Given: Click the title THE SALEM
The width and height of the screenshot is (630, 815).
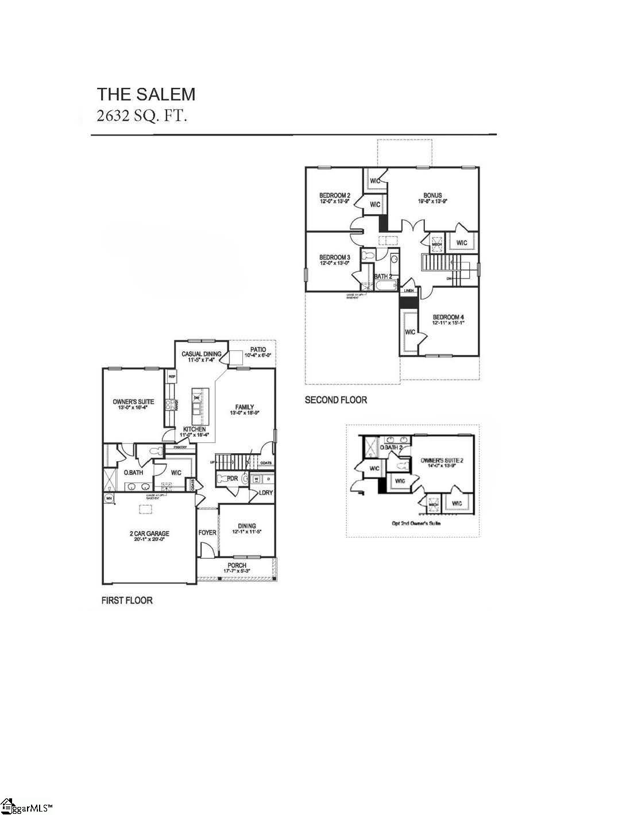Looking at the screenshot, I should [146, 94].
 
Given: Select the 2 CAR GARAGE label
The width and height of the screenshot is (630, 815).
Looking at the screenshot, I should [149, 534].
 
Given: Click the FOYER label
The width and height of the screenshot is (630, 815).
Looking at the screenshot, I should [207, 532].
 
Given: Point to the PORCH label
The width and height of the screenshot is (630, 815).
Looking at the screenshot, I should [237, 565].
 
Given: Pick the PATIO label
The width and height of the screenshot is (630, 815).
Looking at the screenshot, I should [258, 349].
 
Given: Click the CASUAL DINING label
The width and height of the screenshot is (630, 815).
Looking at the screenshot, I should [202, 354].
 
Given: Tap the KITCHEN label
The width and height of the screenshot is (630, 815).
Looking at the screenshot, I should [195, 429].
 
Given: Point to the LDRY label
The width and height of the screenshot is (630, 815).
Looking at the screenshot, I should [265, 492].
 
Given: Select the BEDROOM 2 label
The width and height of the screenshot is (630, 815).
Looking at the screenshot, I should [335, 195].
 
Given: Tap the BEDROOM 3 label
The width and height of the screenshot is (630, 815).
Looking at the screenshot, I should [335, 257].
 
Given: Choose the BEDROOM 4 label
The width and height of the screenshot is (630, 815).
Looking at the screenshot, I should [448, 317].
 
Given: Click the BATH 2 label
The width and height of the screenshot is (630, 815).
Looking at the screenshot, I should [383, 276].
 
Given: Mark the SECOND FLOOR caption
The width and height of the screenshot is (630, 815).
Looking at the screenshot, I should [335, 400].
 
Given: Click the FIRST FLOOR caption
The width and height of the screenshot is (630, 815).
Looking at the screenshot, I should [127, 600].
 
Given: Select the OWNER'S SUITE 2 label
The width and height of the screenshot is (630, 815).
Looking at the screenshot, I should [442, 460].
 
